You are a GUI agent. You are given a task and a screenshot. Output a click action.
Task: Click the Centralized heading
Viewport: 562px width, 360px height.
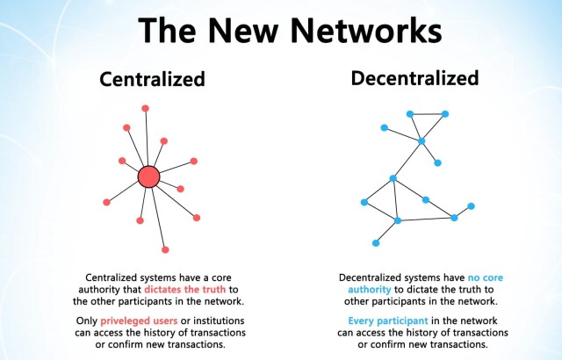[x=152, y=79]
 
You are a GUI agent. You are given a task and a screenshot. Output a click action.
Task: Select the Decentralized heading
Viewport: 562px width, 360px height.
[x=414, y=78]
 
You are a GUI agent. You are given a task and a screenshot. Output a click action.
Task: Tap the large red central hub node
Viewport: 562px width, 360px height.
[x=148, y=176]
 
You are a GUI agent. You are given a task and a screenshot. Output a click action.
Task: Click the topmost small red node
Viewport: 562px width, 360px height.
[x=145, y=108]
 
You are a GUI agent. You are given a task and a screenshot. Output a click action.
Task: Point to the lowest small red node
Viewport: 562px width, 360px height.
[x=165, y=249]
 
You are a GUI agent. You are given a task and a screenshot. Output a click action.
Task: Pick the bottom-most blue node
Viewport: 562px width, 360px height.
[x=376, y=243]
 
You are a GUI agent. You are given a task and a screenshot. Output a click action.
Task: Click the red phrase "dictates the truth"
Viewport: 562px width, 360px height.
[x=185, y=289]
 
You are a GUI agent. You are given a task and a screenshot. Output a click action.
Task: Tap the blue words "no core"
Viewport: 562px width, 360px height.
[x=486, y=277]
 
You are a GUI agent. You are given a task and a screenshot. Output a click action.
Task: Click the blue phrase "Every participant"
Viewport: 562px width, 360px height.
[x=388, y=321]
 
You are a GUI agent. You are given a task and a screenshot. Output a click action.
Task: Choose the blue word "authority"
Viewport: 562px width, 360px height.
[x=370, y=290]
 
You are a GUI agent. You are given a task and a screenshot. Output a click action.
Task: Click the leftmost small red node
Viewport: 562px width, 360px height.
[x=106, y=202]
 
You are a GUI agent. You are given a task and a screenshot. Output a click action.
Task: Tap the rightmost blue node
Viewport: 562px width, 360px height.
[x=471, y=206]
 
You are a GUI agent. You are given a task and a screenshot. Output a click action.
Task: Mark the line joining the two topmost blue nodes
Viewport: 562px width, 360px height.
[x=428, y=114]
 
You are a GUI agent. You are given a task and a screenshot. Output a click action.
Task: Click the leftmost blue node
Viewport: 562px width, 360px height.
[x=364, y=202]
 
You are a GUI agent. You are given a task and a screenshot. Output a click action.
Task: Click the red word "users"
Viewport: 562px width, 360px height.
[x=166, y=321]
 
